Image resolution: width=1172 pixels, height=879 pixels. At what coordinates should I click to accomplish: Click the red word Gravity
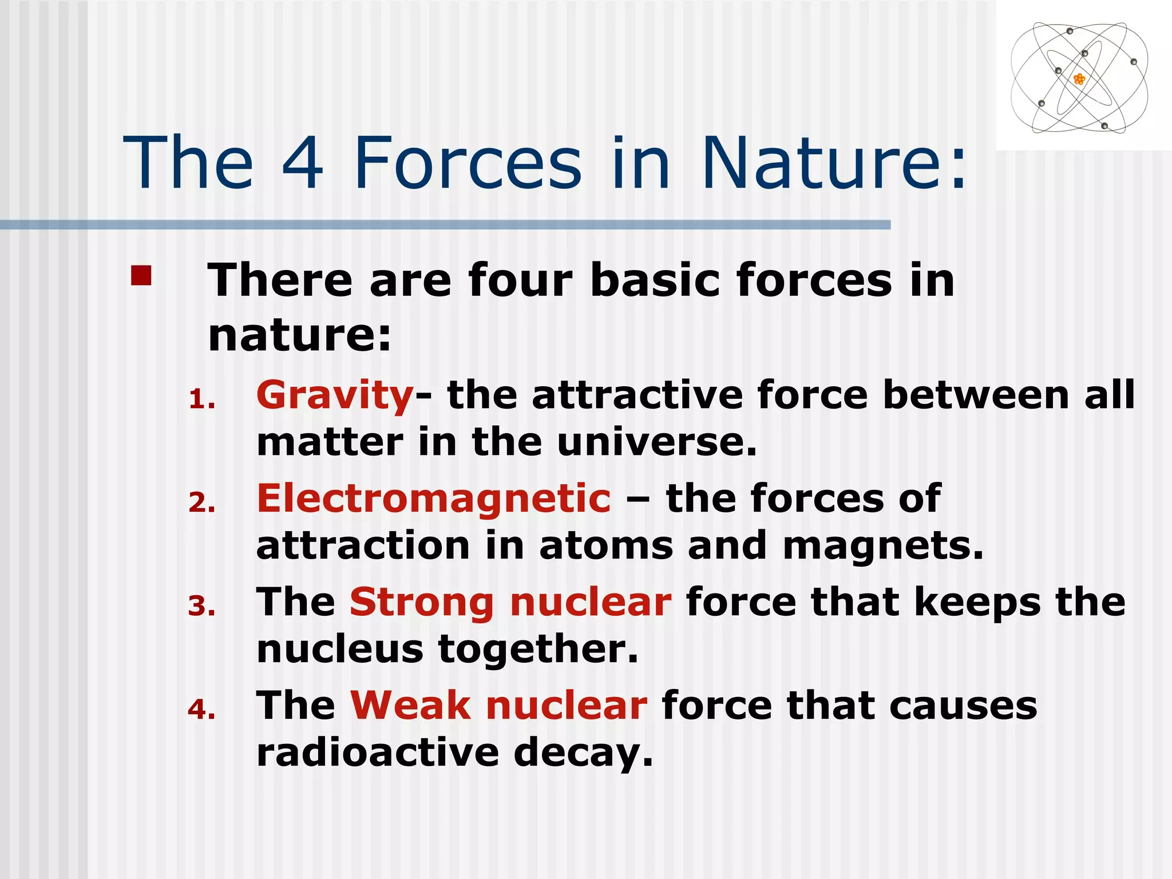tap(335, 396)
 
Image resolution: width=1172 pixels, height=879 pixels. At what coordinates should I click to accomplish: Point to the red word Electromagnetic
tap(433, 498)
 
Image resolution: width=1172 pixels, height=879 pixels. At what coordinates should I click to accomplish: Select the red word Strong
tap(422, 603)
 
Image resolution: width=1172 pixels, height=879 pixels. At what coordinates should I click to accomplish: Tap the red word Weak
tap(410, 706)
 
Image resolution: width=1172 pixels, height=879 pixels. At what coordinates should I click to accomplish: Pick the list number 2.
tap(201, 503)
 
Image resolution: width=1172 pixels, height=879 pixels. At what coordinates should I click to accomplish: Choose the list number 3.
tap(201, 607)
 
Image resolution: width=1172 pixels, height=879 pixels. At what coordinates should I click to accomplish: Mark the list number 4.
tap(201, 710)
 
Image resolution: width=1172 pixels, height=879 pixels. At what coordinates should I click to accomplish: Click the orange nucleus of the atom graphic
tap(1079, 79)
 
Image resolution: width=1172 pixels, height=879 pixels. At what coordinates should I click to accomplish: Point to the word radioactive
tap(378, 753)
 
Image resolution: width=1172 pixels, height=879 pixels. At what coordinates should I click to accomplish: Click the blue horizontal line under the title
tap(445, 225)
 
